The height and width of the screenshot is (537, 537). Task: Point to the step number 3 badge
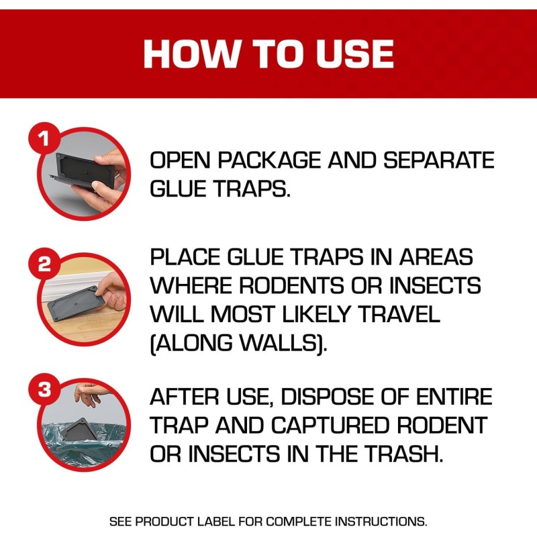pos(44,389)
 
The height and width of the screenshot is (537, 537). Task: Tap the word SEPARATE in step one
pos(439,160)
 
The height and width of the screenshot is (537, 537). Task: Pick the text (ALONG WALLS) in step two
pos(239,343)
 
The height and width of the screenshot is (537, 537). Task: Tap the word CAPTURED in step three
pos(330,425)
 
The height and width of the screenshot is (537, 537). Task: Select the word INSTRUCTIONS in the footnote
pos(381,522)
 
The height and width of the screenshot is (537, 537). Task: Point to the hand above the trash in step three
pos(88,394)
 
